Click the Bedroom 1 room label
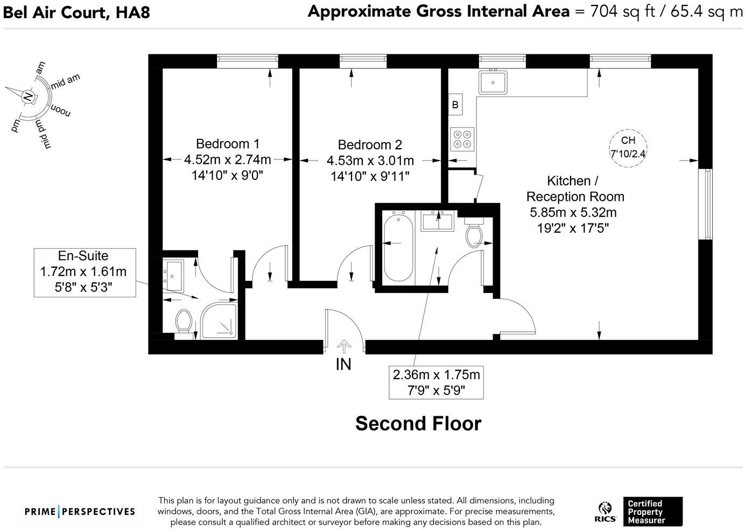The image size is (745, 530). pyautogui.click(x=228, y=144)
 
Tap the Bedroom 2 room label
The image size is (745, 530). pyautogui.click(x=370, y=145)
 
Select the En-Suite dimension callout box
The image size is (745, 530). pyautogui.click(x=85, y=273)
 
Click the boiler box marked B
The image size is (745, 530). pyautogui.click(x=455, y=104)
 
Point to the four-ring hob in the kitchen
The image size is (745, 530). pyautogui.click(x=462, y=139)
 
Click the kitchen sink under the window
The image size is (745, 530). pyautogui.click(x=493, y=82)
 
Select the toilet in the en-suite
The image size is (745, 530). pyautogui.click(x=184, y=322)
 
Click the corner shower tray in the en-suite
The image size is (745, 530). pyautogui.click(x=219, y=320)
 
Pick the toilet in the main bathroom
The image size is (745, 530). pyautogui.click(x=474, y=233)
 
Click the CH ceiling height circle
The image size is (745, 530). pyautogui.click(x=628, y=148)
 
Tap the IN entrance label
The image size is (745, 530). pyautogui.click(x=343, y=365)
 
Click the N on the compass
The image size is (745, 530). pyautogui.click(x=29, y=97)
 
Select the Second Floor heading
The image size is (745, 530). pyautogui.click(x=418, y=423)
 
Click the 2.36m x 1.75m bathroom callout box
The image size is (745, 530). pyautogui.click(x=436, y=382)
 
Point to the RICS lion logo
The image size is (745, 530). pyautogui.click(x=605, y=512)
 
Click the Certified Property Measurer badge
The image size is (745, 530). pyautogui.click(x=653, y=511)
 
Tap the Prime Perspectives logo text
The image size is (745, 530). pyautogui.click(x=80, y=511)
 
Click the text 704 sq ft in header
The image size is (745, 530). pyautogui.click(x=622, y=12)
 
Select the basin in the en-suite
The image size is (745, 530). pyautogui.click(x=173, y=276)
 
